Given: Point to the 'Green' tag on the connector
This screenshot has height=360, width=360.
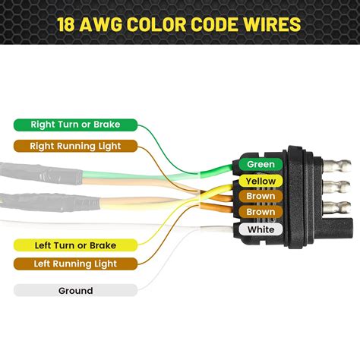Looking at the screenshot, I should [261, 164].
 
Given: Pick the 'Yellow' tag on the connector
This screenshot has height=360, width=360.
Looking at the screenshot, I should [261, 182].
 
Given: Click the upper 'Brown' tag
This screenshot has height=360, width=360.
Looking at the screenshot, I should [261, 197].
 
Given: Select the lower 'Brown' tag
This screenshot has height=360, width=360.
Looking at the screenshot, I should [261, 213].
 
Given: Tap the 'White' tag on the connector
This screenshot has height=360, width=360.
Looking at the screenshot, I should [261, 229].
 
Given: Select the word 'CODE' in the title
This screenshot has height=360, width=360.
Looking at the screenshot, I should [219, 24].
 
